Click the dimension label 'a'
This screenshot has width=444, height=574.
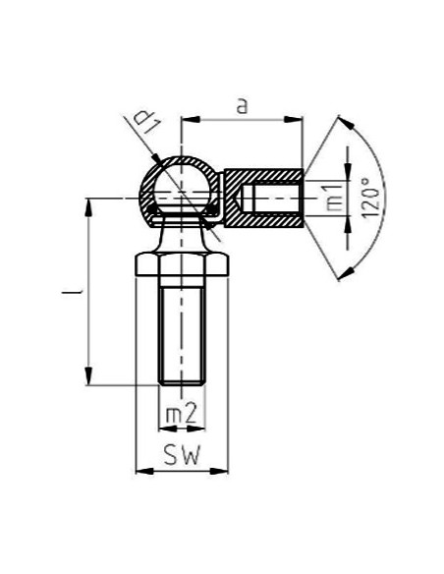(242, 105)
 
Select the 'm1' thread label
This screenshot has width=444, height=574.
(335, 198)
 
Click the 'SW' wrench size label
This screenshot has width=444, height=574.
(181, 457)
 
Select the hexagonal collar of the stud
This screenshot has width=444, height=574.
(181, 264)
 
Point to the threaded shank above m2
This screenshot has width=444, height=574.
(181, 329)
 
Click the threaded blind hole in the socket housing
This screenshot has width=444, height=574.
(270, 201)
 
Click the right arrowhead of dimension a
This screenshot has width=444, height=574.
(296, 120)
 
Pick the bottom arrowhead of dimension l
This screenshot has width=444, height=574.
(90, 377)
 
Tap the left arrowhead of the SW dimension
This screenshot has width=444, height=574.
(140, 471)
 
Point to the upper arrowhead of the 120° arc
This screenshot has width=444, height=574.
(343, 122)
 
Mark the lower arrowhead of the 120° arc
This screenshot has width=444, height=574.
(343, 275)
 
